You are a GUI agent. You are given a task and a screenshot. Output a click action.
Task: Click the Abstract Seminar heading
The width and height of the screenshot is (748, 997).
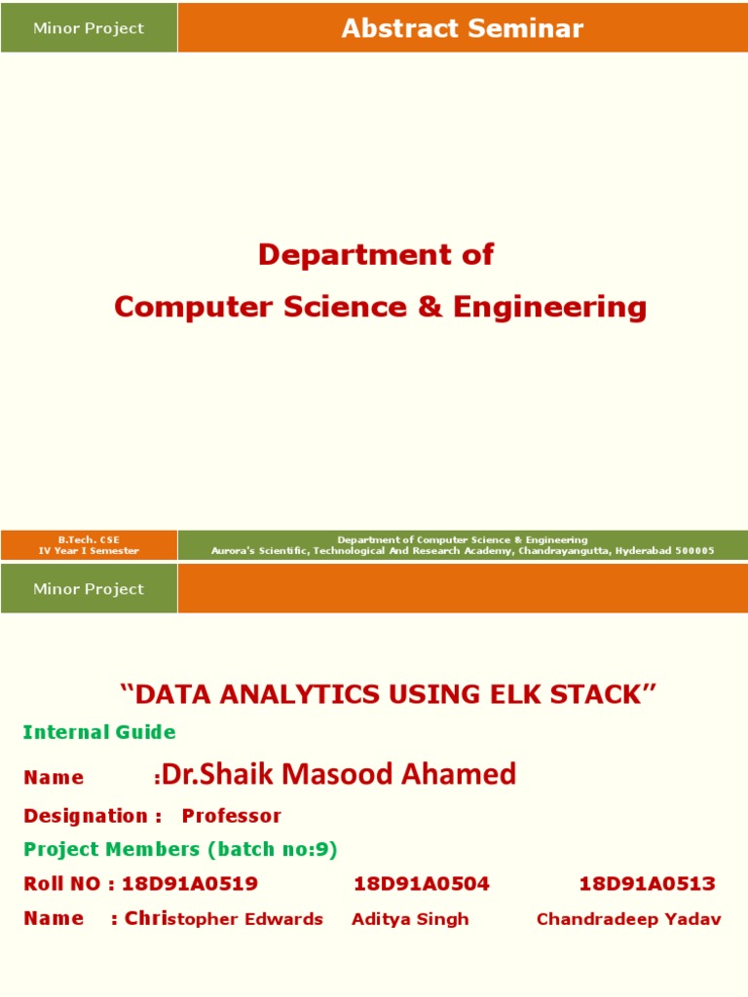pyautogui.click(x=462, y=28)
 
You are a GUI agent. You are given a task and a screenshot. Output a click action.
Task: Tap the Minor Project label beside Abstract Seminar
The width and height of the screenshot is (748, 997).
pyautogui.click(x=89, y=28)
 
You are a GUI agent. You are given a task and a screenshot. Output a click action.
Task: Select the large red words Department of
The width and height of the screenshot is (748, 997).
pyautogui.click(x=375, y=255)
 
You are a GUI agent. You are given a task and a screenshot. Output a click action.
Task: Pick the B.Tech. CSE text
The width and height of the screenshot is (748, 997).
pyautogui.click(x=89, y=539)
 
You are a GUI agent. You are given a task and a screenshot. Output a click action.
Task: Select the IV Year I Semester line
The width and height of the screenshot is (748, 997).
pyautogui.click(x=89, y=551)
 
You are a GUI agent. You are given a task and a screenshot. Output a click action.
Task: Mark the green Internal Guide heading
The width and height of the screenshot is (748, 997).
pyautogui.click(x=99, y=732)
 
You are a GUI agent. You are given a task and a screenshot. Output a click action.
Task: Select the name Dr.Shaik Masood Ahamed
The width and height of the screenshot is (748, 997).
pyautogui.click(x=339, y=775)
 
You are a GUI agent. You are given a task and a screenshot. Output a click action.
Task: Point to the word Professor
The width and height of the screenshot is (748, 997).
pyautogui.click(x=232, y=816)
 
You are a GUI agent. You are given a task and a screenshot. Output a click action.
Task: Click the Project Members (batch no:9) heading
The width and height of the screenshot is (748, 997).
pyautogui.click(x=180, y=849)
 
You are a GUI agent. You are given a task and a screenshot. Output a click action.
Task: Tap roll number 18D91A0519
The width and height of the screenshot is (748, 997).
pyautogui.click(x=190, y=884)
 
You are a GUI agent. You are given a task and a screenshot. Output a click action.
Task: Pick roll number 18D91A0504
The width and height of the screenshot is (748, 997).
pyautogui.click(x=421, y=884)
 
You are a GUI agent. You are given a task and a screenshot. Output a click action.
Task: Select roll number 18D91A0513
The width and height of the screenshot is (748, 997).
pyautogui.click(x=647, y=884)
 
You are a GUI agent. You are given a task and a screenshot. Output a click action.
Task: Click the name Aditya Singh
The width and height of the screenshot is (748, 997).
pyautogui.click(x=410, y=919)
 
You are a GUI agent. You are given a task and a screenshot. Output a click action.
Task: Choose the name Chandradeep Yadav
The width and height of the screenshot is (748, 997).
pyautogui.click(x=628, y=919)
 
